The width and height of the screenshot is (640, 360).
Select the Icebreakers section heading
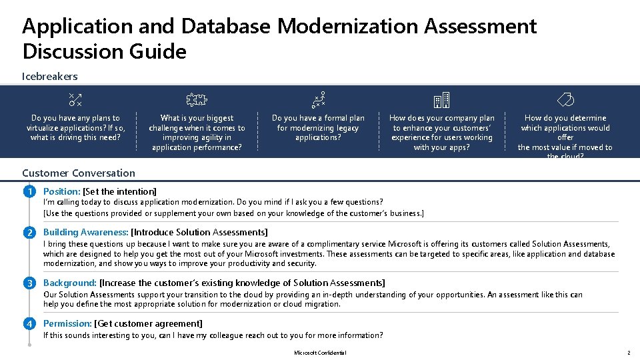50,77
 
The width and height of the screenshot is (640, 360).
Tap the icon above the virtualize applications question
75,101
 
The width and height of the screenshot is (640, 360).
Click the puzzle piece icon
197,101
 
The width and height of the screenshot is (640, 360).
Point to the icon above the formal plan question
319,101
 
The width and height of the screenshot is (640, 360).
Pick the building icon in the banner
441,101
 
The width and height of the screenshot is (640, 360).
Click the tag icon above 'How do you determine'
565,101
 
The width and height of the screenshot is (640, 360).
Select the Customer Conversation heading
79,173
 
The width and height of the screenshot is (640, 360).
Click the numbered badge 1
29,192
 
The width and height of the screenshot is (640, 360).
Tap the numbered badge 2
29,233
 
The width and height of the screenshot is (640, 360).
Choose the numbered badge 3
29,283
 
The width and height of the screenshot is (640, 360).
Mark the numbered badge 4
29,324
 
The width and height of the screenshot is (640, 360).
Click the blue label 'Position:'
61,192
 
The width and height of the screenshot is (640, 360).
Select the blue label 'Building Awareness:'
86,233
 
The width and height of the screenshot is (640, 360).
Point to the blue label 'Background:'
70,283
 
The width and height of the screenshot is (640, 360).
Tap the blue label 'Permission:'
68,324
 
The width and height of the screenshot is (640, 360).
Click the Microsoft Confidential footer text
320,353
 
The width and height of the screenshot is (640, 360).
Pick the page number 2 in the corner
628,353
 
